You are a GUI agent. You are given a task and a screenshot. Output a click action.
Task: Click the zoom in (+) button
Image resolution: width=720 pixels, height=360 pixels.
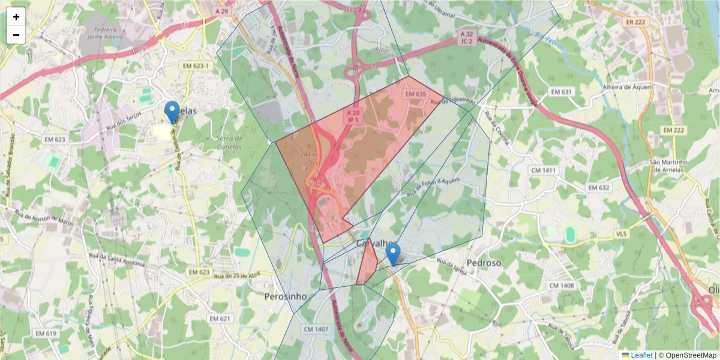(16, 17)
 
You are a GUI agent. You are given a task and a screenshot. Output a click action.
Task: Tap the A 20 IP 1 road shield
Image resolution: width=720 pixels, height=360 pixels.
(353, 116)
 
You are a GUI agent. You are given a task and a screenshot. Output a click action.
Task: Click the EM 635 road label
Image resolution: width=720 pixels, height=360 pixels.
(415, 94)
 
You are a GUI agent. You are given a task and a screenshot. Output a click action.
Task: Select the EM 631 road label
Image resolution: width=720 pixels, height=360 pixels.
(562, 92)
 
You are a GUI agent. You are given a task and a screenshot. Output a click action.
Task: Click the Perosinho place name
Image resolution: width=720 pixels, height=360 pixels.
(286, 296)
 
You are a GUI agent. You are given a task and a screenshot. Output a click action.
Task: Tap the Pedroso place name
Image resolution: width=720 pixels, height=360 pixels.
(483, 263)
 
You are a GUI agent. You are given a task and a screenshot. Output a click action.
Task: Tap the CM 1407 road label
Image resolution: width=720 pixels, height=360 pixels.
(316, 329)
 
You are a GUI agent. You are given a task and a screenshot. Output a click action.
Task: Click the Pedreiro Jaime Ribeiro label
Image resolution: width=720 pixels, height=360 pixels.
(106, 32)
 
